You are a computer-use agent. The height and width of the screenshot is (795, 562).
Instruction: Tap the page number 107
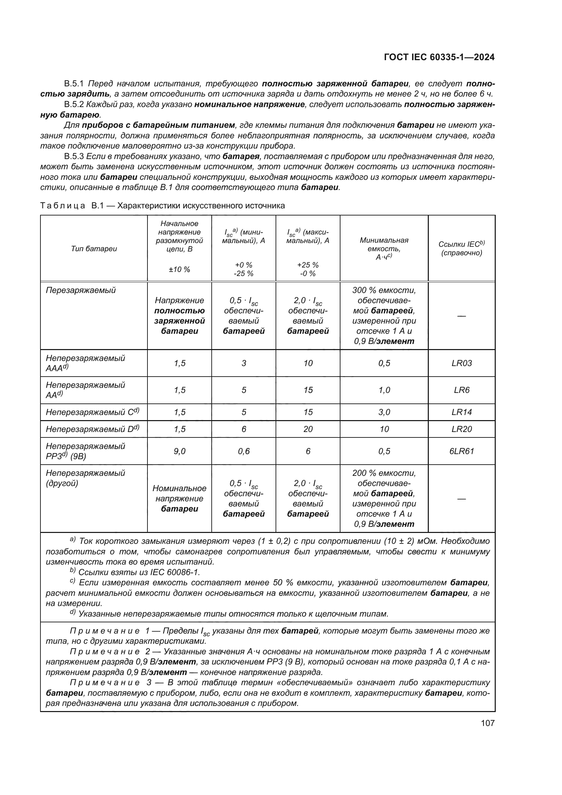click(488, 723)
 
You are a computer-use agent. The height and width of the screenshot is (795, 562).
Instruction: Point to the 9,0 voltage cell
click(179, 451)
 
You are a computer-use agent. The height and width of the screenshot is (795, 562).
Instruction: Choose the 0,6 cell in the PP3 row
click(244, 451)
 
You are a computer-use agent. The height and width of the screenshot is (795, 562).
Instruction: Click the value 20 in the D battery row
click(308, 429)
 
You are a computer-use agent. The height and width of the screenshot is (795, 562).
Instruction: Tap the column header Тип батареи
click(94, 248)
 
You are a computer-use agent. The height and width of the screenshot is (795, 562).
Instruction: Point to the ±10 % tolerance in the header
click(179, 270)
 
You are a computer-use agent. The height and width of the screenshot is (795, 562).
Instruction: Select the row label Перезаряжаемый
click(81, 290)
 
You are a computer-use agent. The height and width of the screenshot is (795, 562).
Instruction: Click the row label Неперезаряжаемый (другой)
click(85, 478)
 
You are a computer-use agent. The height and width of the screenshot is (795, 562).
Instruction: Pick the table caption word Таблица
click(63, 206)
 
